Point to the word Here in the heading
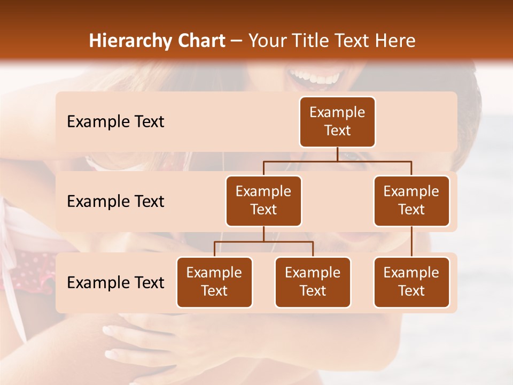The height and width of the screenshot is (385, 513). tap(395, 41)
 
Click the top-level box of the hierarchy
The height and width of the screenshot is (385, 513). tap(337, 122)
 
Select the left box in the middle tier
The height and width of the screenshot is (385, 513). tap(263, 201)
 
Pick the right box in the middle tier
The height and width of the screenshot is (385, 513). tap(411, 201)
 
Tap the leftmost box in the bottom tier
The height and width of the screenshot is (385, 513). tap(214, 282)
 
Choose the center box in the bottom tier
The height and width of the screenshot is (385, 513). tap(313, 282)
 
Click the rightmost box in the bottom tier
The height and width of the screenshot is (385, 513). tap(411, 282)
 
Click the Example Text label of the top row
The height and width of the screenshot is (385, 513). tap(115, 122)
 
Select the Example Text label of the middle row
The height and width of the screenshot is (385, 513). tap(115, 202)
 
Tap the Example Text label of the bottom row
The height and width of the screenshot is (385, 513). tap(115, 283)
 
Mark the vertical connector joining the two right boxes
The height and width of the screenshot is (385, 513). tap(411, 242)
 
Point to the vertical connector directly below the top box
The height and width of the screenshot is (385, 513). tap(337, 154)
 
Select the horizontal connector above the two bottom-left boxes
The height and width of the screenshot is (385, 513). tap(263, 242)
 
